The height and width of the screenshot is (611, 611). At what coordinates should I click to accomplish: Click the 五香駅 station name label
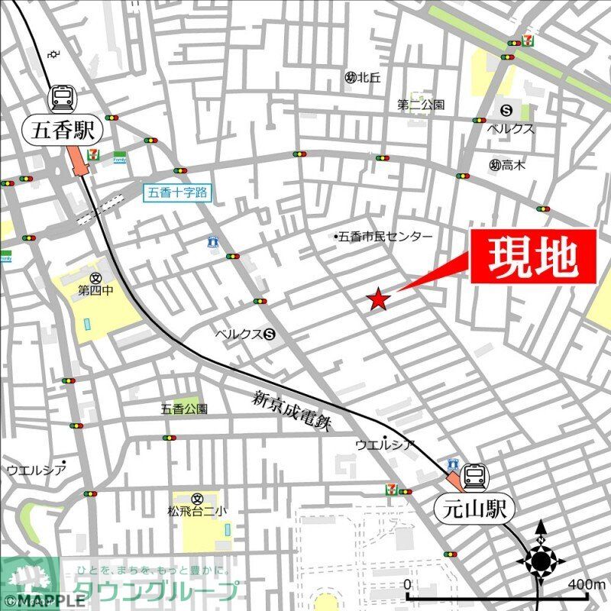coord(64,131)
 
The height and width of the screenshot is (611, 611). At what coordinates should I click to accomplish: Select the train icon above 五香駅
coord(63,98)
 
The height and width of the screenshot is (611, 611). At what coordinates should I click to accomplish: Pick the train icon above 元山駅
coord(474,477)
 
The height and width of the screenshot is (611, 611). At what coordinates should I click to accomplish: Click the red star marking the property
coord(378,300)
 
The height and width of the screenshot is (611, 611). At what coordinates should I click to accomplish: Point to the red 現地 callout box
coord(532,257)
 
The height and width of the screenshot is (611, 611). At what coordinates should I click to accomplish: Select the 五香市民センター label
coord(384,238)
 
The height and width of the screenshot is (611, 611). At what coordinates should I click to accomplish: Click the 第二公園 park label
coord(421,105)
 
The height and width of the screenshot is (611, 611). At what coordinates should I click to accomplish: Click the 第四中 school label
coord(95,290)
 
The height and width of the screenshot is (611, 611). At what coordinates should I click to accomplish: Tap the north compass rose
coord(541,562)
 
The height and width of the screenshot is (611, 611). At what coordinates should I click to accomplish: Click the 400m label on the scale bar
coord(587,584)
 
